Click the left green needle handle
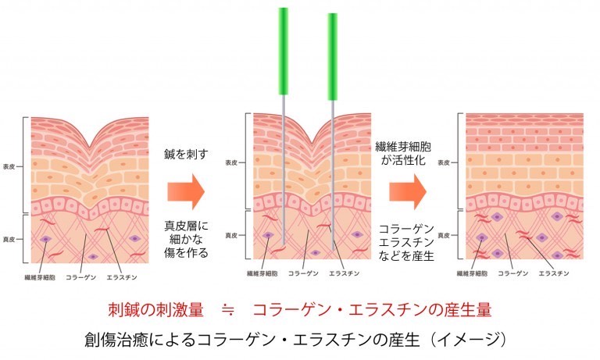coord(283,51)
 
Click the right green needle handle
coord(333,57)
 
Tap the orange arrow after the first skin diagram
coord(186,191)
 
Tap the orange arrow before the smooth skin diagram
coord(408,191)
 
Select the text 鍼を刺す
coord(187,154)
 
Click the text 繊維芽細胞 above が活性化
coord(403,147)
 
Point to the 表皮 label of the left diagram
coord(9,167)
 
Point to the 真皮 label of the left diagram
coord(9,240)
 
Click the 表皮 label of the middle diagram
coord(231,162)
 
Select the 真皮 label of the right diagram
coord(444,235)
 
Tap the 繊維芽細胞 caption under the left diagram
coord(40,277)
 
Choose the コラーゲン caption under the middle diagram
coord(303,273)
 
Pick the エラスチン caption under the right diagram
coord(554,273)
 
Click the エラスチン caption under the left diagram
coord(122,277)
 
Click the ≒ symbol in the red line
coord(228,310)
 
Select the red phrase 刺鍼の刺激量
coord(155,310)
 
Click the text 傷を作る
coord(187,252)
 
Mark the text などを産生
coord(406,255)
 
